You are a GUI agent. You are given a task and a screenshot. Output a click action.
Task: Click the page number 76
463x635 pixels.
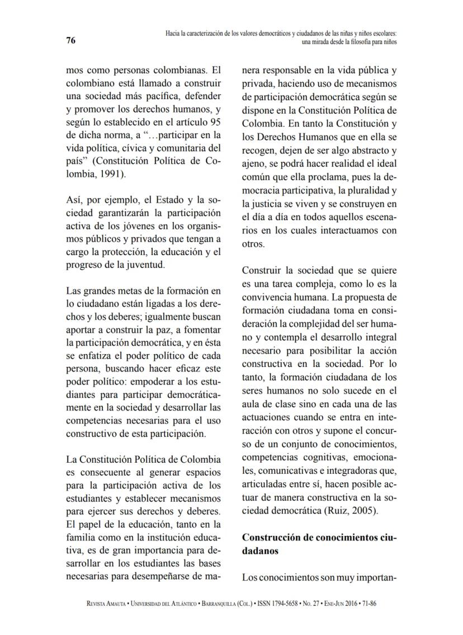click(x=70, y=40)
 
